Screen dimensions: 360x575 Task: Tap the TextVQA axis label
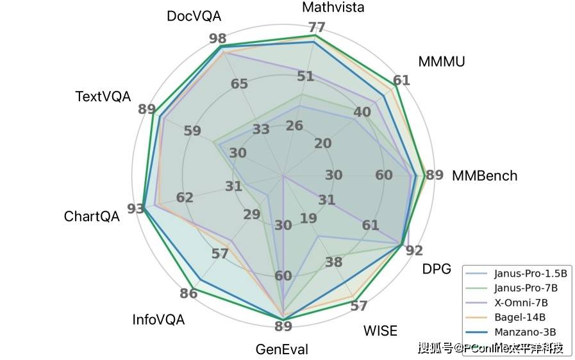click(103, 97)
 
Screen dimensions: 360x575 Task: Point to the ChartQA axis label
click(92, 217)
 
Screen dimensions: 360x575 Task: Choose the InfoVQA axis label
click(158, 319)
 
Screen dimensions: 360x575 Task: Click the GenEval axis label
click(282, 350)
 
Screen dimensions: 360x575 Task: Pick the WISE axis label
click(380, 331)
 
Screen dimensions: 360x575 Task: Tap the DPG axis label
click(437, 270)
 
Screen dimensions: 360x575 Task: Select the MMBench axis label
click(484, 176)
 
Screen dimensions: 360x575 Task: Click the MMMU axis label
click(441, 61)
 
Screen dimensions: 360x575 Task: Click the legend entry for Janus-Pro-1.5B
click(526, 273)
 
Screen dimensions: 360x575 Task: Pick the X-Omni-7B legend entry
click(521, 302)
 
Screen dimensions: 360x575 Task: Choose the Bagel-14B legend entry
click(520, 317)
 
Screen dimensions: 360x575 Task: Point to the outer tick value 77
click(316, 28)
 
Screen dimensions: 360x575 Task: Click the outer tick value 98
click(217, 38)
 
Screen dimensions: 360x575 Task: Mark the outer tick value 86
click(188, 294)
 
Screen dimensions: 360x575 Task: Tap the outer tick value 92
click(414, 250)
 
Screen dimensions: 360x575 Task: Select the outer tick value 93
click(135, 209)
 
